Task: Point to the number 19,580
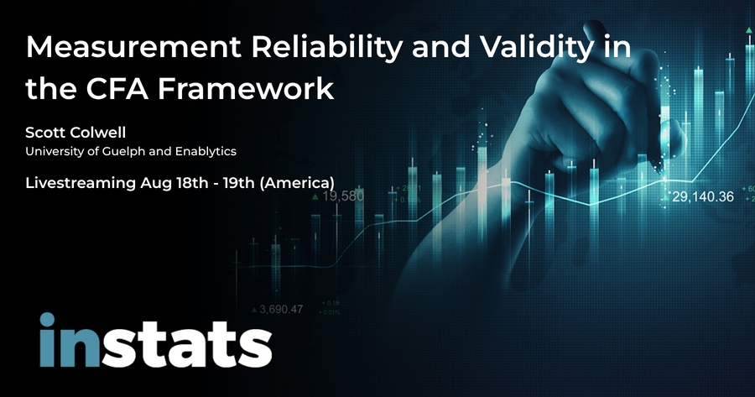(341, 197)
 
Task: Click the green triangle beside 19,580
(315, 196)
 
